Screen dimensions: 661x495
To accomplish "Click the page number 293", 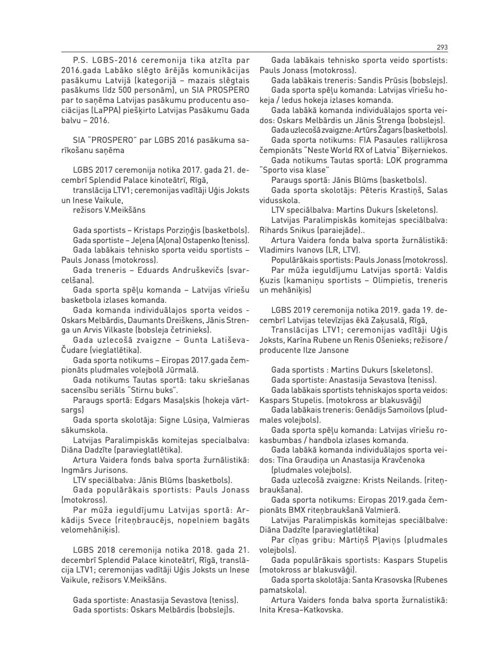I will [x=441, y=47].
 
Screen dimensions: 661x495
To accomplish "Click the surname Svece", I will [x=93, y=520].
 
